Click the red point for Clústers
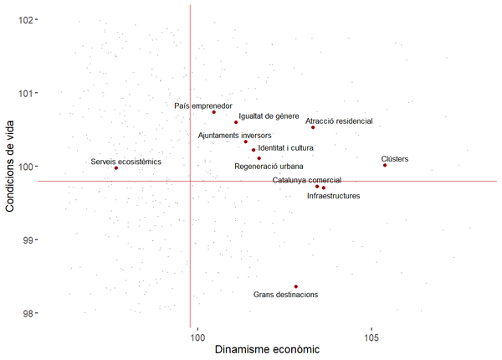tap(385, 165)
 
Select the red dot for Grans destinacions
tap(296, 286)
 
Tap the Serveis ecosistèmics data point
tap(116, 168)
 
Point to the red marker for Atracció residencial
tap(313, 127)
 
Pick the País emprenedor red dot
tap(214, 112)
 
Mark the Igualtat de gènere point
tap(236, 122)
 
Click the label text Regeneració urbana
tap(269, 167)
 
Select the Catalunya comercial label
tap(307, 180)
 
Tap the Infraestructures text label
tap(334, 196)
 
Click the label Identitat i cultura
tap(285, 148)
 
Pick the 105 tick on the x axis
tap(371, 337)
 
